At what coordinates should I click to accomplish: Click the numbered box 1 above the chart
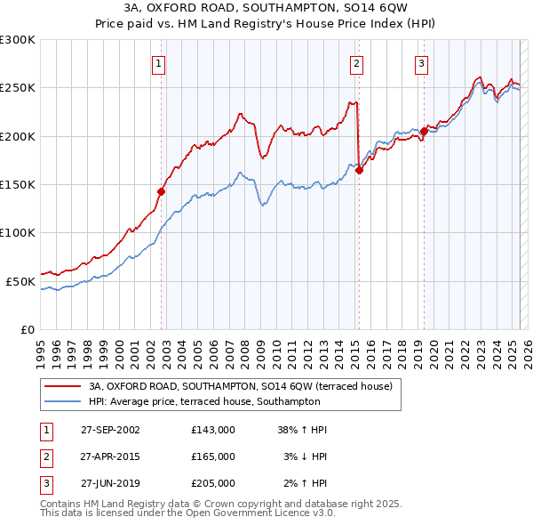[x=157, y=63]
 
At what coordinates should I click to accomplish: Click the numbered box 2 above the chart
[x=355, y=63]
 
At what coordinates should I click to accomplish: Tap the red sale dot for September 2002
[x=162, y=190]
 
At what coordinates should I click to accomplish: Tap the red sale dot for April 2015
[x=360, y=171]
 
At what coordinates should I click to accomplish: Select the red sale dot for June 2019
[x=425, y=132]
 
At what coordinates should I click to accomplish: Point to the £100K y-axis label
[x=18, y=232]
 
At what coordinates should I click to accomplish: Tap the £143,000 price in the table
[x=213, y=430]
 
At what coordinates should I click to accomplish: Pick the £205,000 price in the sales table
[x=213, y=483]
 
